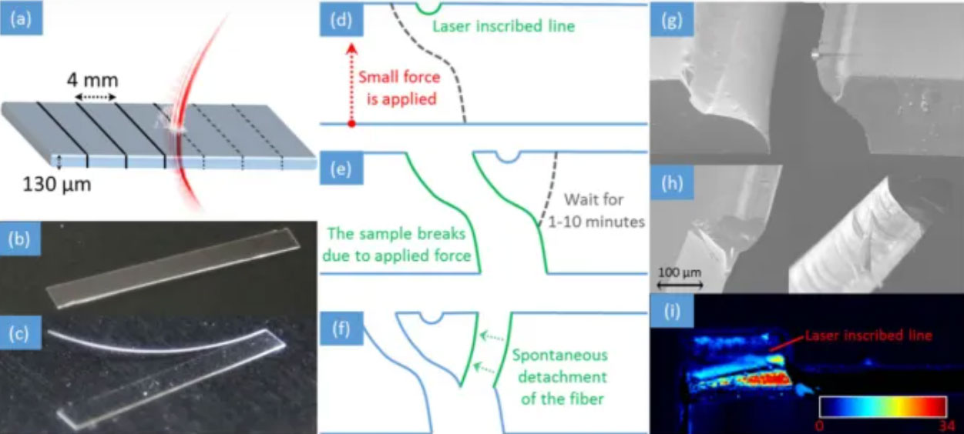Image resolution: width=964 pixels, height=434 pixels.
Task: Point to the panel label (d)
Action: tap(336, 21)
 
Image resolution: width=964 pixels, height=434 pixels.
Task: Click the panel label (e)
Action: tap(336, 169)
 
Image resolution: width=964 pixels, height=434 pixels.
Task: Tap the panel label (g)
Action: tap(667, 21)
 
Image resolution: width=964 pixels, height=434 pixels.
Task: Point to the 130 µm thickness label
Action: tap(59, 185)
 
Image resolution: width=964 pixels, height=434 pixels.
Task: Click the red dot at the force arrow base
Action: tap(351, 123)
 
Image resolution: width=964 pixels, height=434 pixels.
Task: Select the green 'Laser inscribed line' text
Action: tap(503, 26)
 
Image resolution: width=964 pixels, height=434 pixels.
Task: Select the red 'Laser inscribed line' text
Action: tap(868, 336)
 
